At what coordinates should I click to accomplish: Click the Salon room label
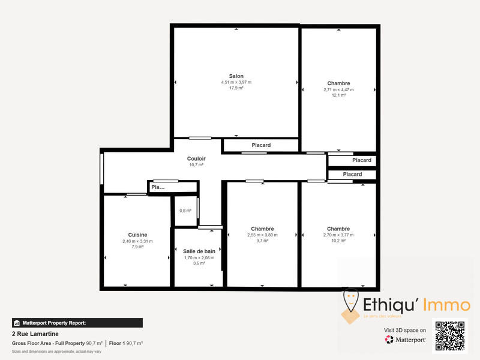236,76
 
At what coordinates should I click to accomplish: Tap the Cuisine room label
137,235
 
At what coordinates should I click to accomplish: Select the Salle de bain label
199,251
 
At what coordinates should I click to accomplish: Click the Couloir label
196,158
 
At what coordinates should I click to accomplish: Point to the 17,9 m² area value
236,88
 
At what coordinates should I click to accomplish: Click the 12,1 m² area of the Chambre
338,95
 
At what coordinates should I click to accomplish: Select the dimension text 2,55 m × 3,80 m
262,235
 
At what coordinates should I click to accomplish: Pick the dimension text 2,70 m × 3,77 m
338,235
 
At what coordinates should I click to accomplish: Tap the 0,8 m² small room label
185,211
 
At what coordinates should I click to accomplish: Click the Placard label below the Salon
260,145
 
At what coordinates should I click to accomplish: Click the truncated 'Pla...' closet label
158,187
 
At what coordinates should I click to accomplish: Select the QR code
450,336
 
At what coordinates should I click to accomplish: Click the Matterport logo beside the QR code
406,340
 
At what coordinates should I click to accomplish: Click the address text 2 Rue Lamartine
35,334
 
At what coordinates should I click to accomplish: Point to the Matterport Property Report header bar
77,323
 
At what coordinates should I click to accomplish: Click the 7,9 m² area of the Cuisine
137,247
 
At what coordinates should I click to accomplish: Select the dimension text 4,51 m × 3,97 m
236,82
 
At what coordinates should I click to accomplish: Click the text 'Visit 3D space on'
405,330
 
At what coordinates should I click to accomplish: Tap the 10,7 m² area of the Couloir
196,164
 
